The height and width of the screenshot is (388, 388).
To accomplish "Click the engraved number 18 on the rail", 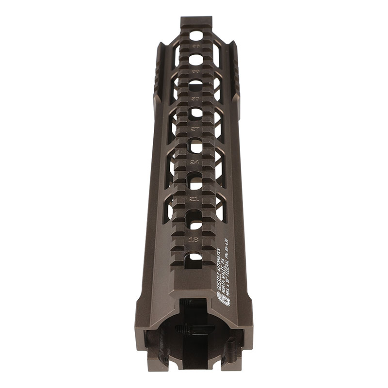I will click(x=194, y=239).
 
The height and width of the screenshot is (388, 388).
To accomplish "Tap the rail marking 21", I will click(x=194, y=199).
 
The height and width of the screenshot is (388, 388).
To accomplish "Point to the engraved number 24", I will click(x=195, y=162).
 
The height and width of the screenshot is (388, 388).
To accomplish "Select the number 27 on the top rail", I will click(x=195, y=129).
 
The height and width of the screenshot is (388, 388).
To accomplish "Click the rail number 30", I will click(x=195, y=98).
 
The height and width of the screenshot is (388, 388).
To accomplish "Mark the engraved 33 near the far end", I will click(x=196, y=71).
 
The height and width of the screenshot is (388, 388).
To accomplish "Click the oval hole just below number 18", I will click(x=194, y=257).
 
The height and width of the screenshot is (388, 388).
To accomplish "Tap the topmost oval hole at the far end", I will click(x=196, y=35).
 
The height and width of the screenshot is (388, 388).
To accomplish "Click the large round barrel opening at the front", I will click(x=194, y=339).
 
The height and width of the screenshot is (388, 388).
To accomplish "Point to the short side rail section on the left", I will click(x=158, y=73).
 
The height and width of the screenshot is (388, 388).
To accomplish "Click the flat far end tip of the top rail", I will click(x=196, y=21).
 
